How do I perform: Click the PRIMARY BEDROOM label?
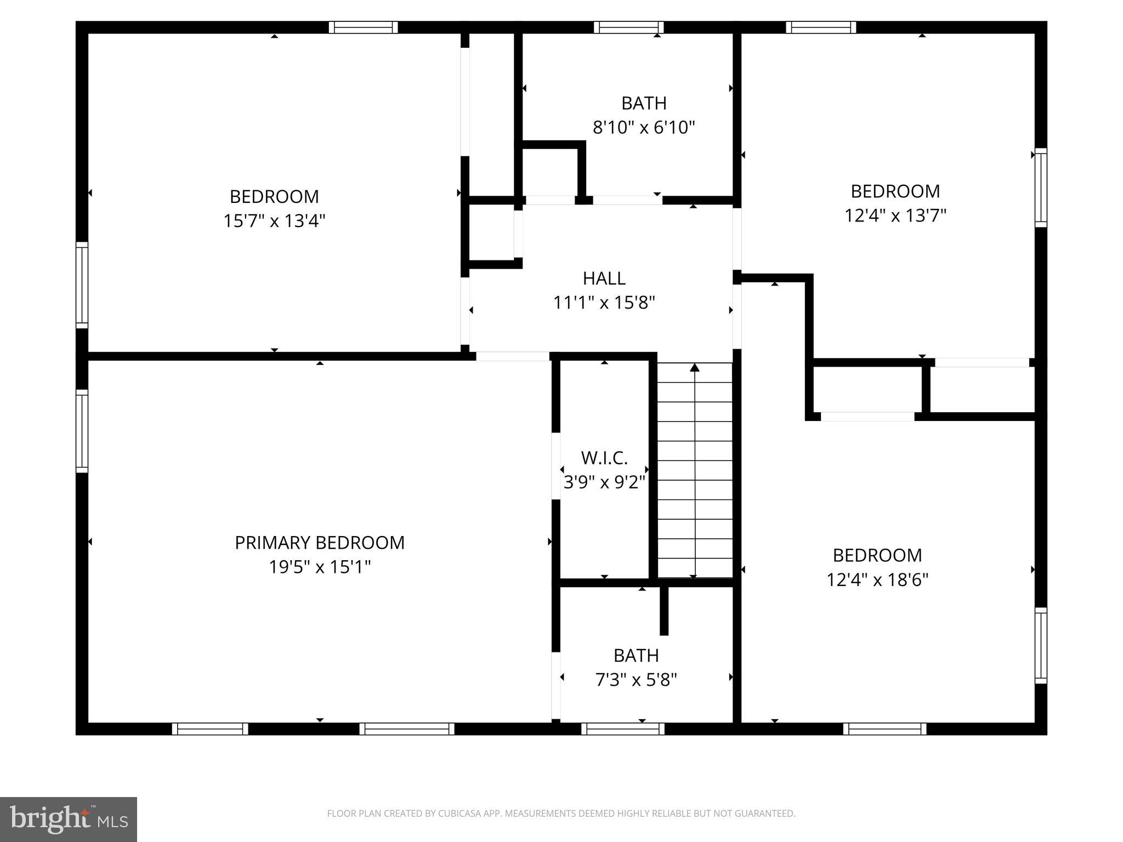pyautogui.click(x=319, y=543)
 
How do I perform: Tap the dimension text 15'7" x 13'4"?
pyautogui.click(x=274, y=221)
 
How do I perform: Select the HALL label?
pyautogui.click(x=604, y=278)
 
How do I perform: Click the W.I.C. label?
pyautogui.click(x=604, y=458)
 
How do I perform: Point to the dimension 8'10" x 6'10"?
pyautogui.click(x=644, y=128)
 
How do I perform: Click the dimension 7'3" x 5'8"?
pyautogui.click(x=636, y=680)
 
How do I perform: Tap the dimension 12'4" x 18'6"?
pyautogui.click(x=877, y=580)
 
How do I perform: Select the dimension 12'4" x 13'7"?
pyautogui.click(x=895, y=216)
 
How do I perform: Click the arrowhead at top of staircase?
pyautogui.click(x=695, y=367)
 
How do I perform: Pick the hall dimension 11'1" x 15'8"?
pyautogui.click(x=604, y=303)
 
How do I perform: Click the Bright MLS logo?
pyautogui.click(x=69, y=819)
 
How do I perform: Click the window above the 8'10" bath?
pyautogui.click(x=628, y=27)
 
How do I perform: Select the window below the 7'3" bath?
pyautogui.click(x=623, y=729)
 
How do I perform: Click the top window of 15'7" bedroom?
pyautogui.click(x=363, y=27)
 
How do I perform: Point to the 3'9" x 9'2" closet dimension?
pyautogui.click(x=604, y=482)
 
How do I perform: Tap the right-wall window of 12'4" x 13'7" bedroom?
pyautogui.click(x=1040, y=187)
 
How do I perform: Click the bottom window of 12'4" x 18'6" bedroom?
pyautogui.click(x=884, y=729)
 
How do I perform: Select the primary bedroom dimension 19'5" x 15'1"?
pyautogui.click(x=319, y=567)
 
